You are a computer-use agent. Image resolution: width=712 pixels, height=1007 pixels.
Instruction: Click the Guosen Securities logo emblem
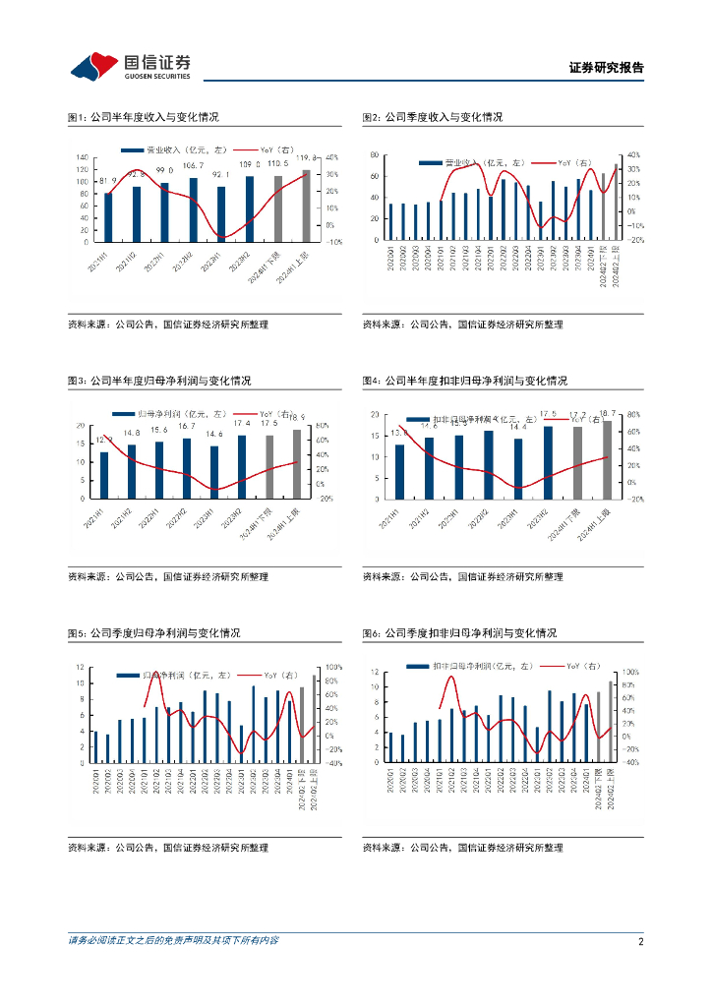pyautogui.click(x=92, y=66)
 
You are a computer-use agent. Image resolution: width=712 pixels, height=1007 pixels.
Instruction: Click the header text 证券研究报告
pyautogui.click(x=606, y=68)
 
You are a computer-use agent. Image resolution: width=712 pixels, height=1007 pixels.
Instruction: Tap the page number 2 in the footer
pyautogui.click(x=640, y=941)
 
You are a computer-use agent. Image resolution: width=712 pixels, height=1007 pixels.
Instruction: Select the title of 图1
pyautogui.click(x=143, y=117)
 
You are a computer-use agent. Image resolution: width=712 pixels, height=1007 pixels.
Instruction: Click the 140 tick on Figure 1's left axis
pyautogui.click(x=83, y=157)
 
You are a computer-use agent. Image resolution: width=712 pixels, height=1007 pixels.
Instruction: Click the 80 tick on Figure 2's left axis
pyautogui.click(x=375, y=155)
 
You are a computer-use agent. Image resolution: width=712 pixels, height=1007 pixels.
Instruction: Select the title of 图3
pyautogui.click(x=159, y=381)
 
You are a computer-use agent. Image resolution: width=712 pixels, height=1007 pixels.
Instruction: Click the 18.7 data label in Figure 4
pyautogui.click(x=607, y=413)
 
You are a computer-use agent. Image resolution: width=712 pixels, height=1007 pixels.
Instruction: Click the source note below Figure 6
pyautogui.click(x=462, y=848)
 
